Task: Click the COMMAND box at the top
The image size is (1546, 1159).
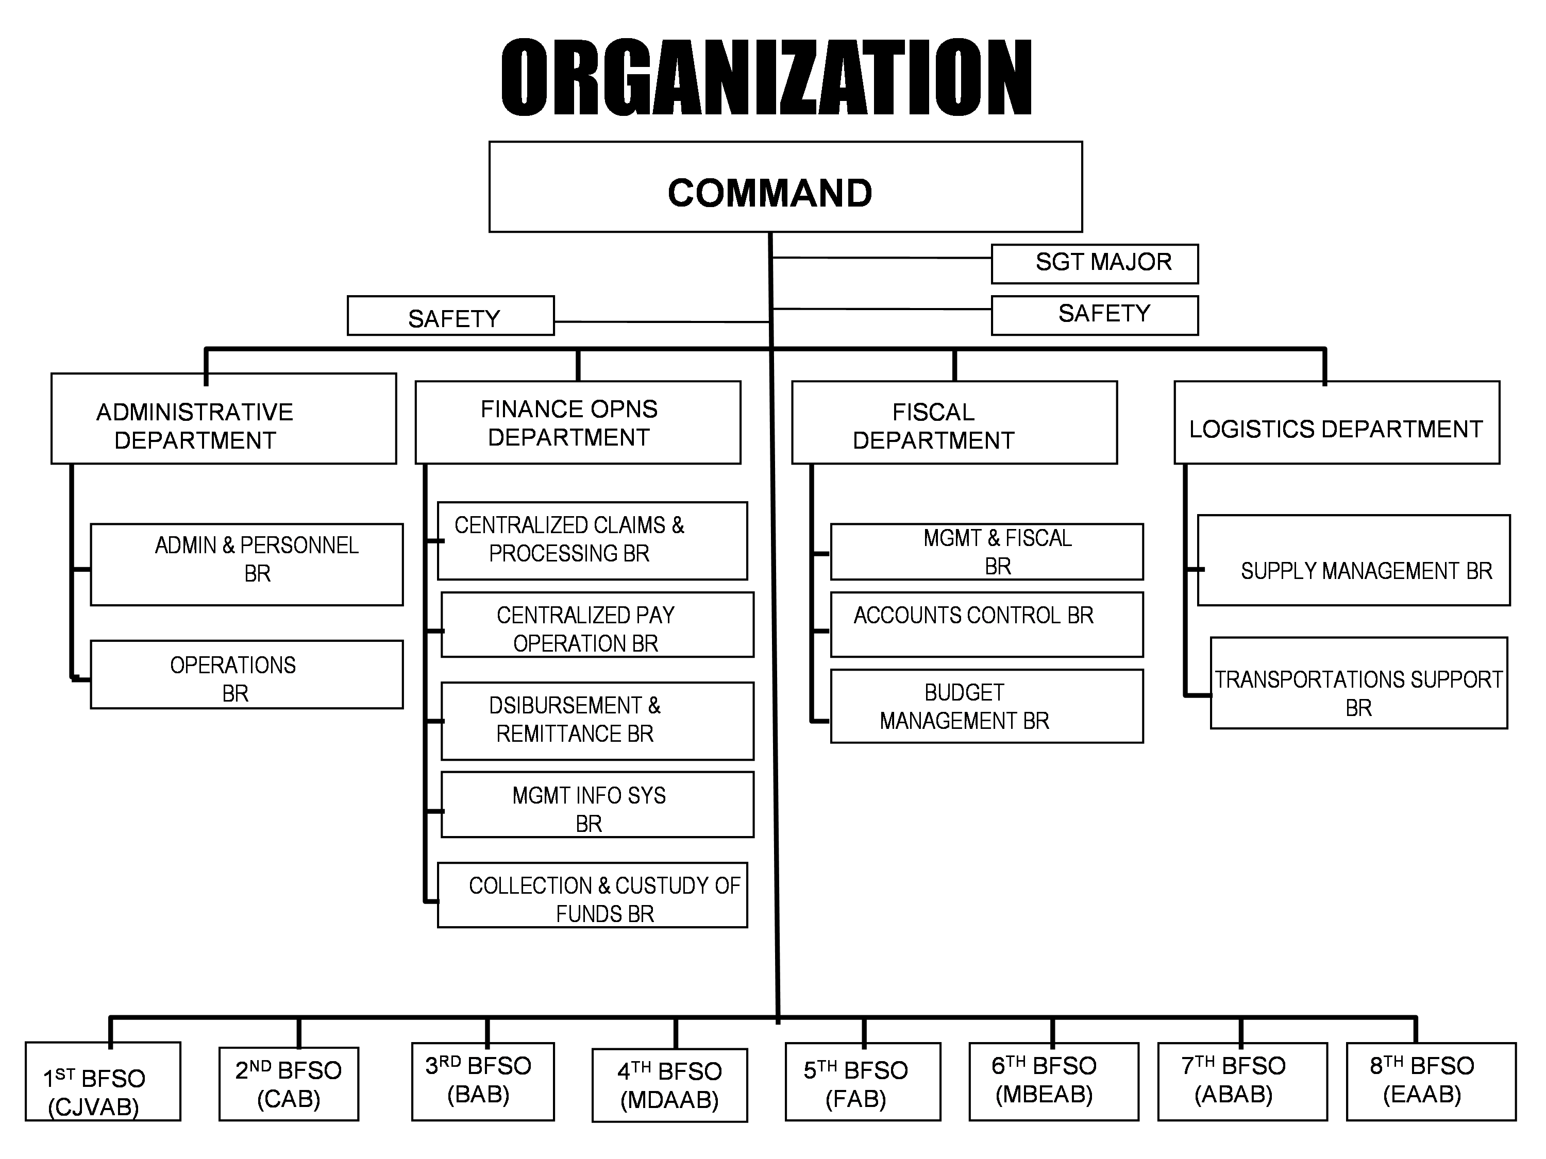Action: coord(785,186)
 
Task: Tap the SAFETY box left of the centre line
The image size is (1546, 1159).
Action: coord(451,316)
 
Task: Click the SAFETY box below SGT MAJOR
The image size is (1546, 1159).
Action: coord(1095,316)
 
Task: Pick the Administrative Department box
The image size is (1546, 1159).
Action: coord(224,418)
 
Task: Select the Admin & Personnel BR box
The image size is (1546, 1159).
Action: coord(247,565)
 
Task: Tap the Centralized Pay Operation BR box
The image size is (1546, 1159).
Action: coord(598,624)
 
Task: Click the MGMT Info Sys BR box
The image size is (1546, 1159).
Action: coord(598,805)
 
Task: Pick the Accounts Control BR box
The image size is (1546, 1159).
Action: coord(987,624)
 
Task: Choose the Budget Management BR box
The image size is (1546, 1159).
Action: coord(987,706)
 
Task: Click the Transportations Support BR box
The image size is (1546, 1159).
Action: coord(1359,683)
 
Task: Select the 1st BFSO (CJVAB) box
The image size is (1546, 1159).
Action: coord(103,1081)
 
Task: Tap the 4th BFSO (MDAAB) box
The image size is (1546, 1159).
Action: coord(669,1085)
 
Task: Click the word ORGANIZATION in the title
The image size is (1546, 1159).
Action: coord(767,77)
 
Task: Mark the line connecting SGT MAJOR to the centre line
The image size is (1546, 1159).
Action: coord(881,258)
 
